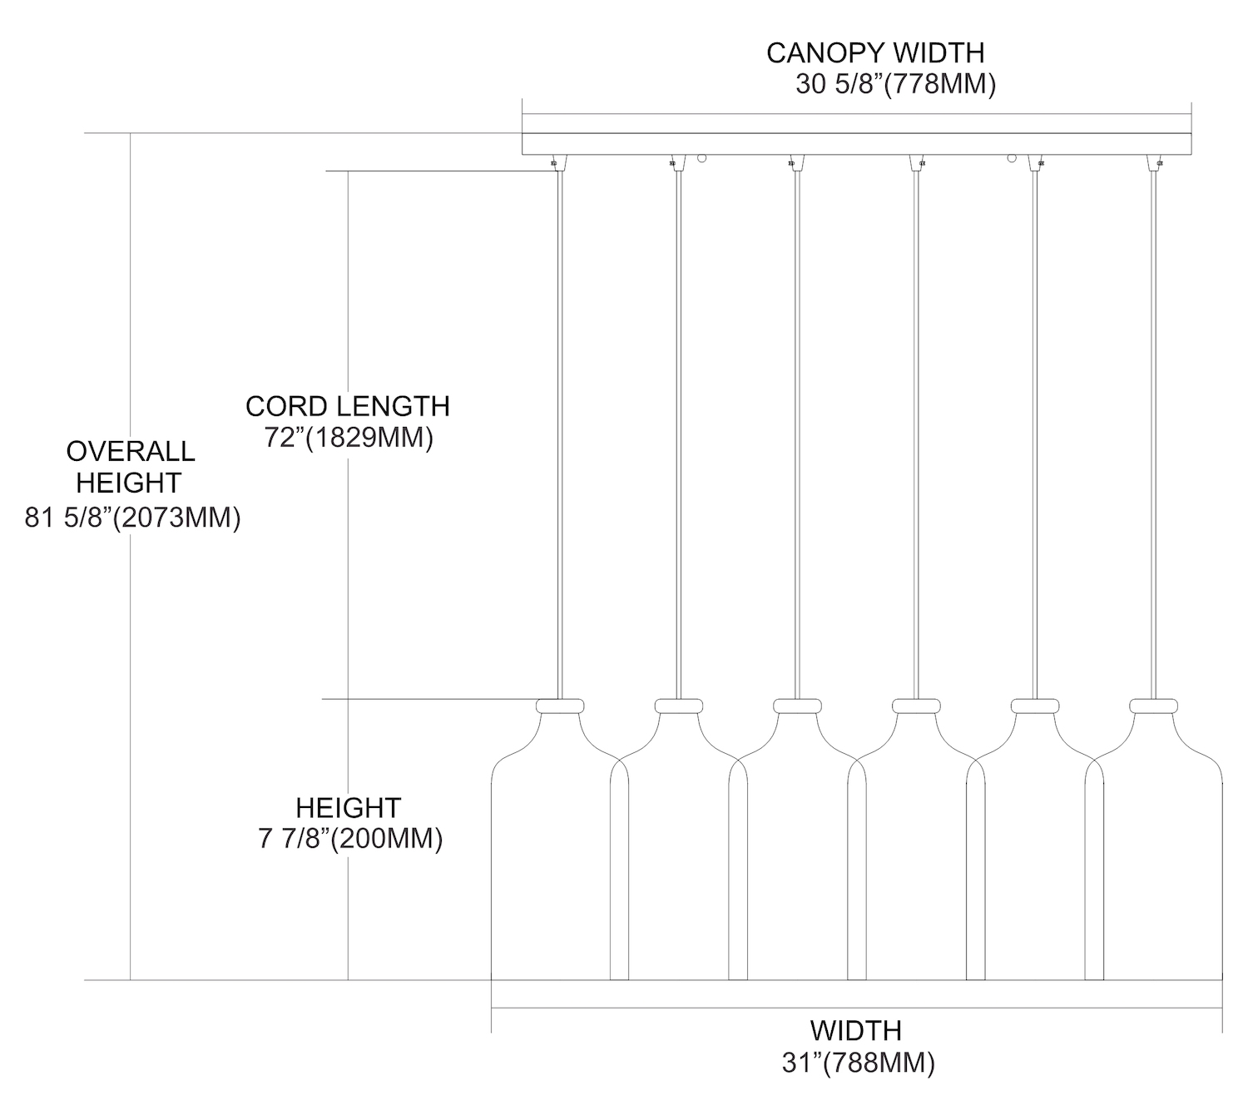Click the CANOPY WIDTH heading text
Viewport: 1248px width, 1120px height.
(874, 53)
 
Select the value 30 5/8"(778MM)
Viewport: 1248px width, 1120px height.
(895, 85)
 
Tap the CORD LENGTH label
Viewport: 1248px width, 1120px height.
(347, 406)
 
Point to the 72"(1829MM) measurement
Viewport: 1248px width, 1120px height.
(349, 438)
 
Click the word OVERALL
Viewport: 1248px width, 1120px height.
(131, 451)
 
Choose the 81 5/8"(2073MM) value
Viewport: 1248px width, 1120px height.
(132, 518)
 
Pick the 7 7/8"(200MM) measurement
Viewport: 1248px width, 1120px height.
(350, 839)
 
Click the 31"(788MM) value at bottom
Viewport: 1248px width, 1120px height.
(858, 1063)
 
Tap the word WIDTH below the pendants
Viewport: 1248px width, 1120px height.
(855, 1030)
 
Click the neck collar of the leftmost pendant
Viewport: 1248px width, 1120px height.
(560, 706)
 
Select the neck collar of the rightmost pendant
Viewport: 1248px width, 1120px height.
(1153, 706)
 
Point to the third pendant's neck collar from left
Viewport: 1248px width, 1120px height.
(797, 706)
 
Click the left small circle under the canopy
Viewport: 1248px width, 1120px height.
(702, 158)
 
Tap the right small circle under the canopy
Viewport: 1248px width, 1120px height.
(1013, 158)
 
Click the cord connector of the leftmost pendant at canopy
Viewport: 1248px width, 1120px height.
(555, 162)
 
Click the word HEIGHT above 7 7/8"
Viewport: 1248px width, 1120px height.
(349, 807)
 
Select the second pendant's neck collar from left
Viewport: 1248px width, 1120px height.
(679, 706)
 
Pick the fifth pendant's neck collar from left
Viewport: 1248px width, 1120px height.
(1034, 706)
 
